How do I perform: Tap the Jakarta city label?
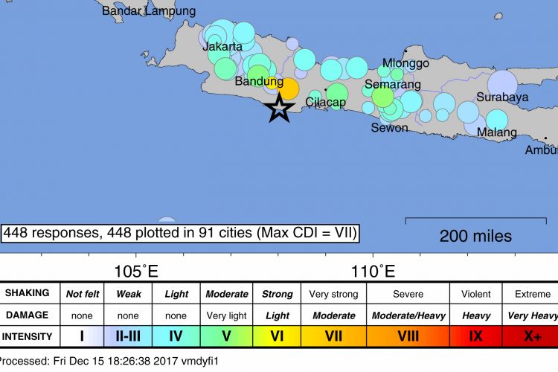click(222, 46)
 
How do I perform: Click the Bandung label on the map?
click(259, 81)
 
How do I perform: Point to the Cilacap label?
click(326, 102)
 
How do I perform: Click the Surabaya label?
click(502, 97)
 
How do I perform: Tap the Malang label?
click(497, 132)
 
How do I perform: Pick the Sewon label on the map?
click(390, 127)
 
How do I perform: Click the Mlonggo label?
click(405, 63)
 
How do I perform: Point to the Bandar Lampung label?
click(149, 11)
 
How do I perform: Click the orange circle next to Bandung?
click(287, 89)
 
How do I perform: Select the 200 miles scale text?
click(475, 237)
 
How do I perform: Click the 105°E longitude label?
click(135, 269)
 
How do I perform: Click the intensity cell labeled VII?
click(333, 336)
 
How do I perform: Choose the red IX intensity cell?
click(476, 336)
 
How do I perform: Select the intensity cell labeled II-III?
click(129, 336)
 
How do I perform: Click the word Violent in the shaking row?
click(476, 293)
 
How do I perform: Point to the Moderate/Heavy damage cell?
click(408, 315)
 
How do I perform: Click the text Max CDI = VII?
click(306, 233)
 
